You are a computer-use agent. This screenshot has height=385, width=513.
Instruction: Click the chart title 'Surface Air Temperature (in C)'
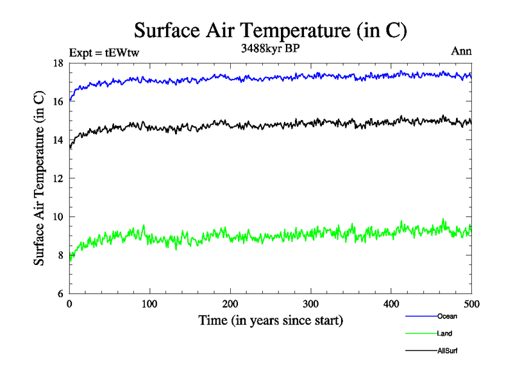[271, 30]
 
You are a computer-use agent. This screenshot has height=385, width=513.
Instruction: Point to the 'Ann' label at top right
[462, 51]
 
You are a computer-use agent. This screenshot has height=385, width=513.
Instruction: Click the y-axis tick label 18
[58, 63]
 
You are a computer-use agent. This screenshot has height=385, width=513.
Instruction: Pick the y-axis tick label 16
[58, 101]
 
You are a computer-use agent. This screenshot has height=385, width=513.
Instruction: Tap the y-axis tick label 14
[58, 140]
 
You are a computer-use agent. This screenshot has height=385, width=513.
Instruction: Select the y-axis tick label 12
[58, 178]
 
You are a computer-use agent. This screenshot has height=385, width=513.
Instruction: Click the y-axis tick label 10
[58, 217]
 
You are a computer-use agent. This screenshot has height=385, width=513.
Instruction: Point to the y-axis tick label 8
[61, 255]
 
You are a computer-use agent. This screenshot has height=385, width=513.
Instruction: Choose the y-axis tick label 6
[61, 294]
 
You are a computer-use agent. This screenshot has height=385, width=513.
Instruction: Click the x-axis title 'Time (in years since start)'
[270, 320]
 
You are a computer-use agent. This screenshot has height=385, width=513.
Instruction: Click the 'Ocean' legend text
[447, 316]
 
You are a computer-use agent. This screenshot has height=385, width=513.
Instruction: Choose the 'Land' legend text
[444, 333]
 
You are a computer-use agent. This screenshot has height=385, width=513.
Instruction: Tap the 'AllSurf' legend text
[448, 350]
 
